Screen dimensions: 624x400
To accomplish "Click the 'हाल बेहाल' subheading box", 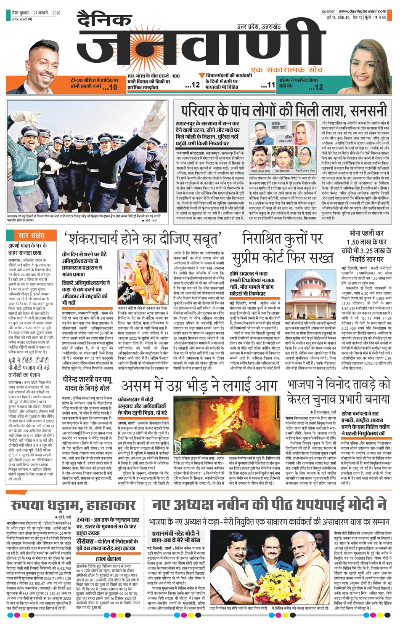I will pyautogui.click(x=108, y=558).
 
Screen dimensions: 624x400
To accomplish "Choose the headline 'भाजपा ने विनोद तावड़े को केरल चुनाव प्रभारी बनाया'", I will pyautogui.click(x=339, y=392).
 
